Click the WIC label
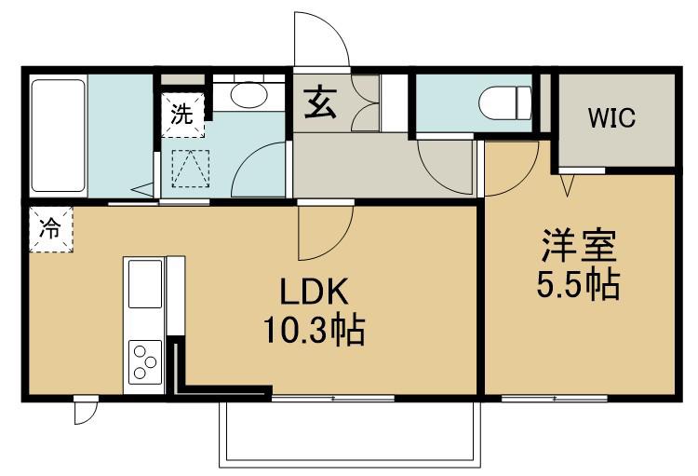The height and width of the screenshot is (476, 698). (x=611, y=117)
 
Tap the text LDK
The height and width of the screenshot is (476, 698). (x=313, y=292)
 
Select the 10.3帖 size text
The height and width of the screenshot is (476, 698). (x=315, y=330)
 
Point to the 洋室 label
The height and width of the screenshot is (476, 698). (x=579, y=245)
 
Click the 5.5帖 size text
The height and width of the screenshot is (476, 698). (x=578, y=283)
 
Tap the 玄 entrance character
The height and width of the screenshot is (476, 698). (x=320, y=102)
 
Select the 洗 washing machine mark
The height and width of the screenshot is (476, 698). (x=182, y=114)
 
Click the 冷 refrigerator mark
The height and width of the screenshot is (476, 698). (x=50, y=228)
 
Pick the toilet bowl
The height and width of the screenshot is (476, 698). (x=504, y=103)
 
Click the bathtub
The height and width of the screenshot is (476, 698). (x=59, y=135)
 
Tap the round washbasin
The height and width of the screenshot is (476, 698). (x=248, y=94)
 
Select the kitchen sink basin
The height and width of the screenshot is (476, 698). (x=145, y=284)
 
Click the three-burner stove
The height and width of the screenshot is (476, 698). (x=145, y=361)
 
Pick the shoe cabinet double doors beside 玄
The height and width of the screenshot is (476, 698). (x=366, y=103)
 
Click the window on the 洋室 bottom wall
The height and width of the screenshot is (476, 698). (x=555, y=398)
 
